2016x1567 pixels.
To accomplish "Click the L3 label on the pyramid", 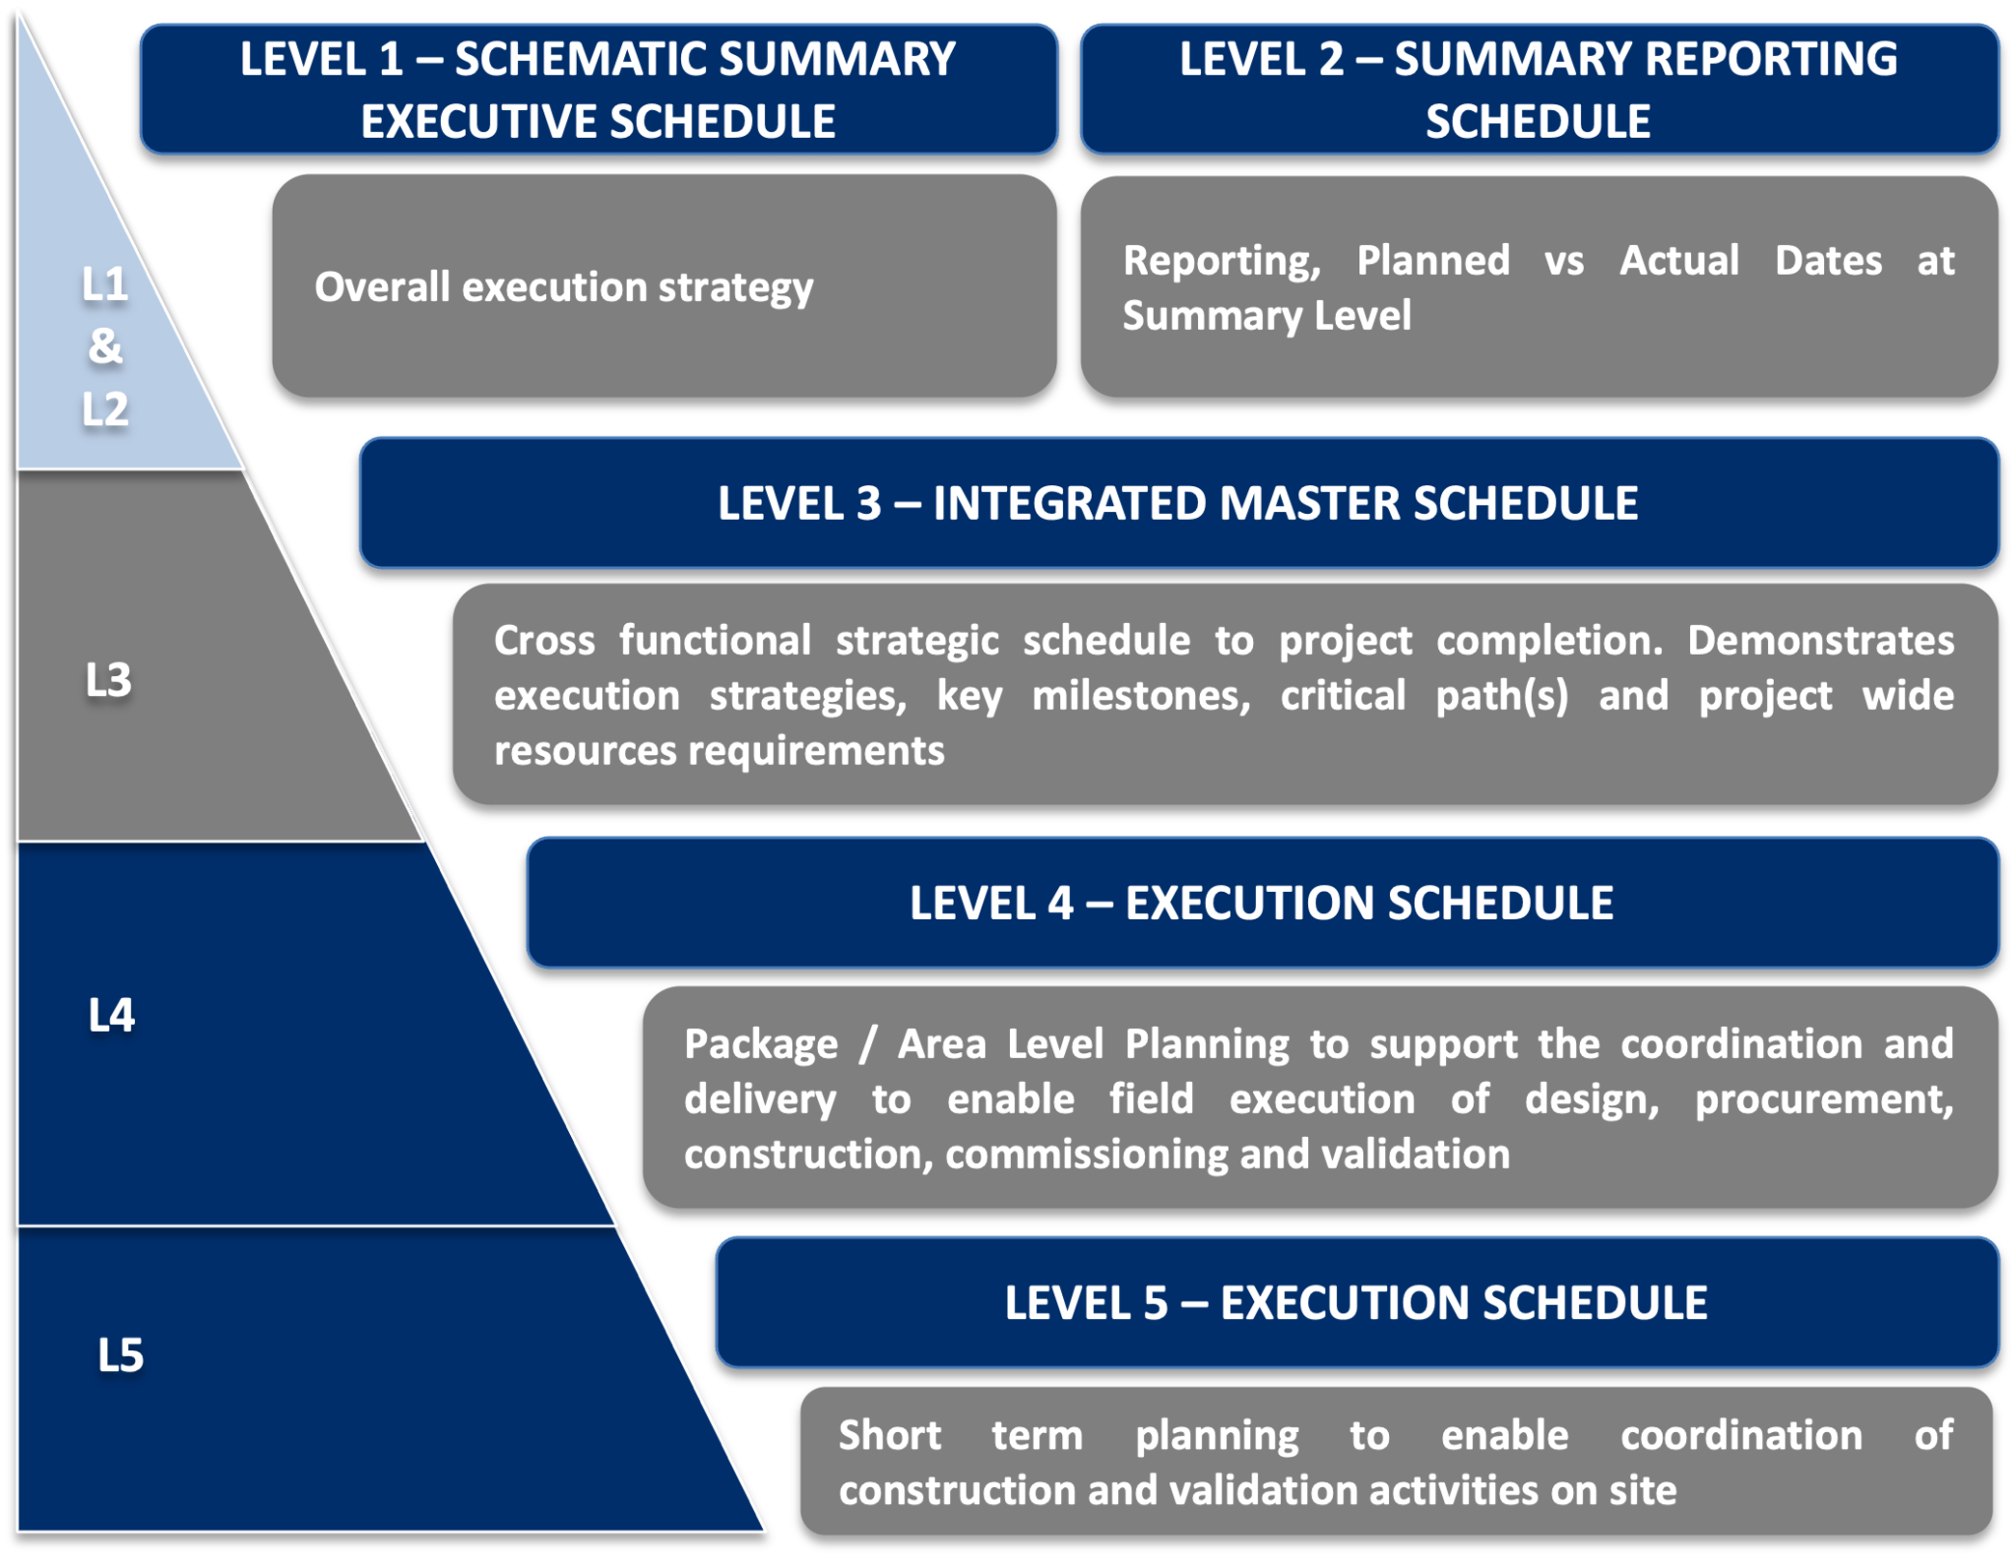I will pos(108,679).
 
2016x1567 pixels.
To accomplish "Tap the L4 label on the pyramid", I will pos(111,1015).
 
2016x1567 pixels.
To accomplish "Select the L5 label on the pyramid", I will pos(120,1355).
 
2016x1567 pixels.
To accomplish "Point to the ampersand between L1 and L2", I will pos(105,346).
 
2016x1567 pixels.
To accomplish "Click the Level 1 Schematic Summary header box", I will pos(598,90).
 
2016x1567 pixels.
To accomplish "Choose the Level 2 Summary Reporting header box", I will pos(1538,90).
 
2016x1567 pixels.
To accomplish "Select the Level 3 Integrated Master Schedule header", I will pos(1177,503).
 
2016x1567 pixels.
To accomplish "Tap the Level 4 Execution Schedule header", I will pos(1261,903).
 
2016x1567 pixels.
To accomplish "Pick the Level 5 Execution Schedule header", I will pos(1355,1302).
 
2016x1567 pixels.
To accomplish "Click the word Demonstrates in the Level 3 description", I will pos(1820,641).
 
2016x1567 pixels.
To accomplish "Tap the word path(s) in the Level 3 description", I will pos(1501,696).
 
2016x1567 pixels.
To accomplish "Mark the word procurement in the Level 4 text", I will pos(1822,1099).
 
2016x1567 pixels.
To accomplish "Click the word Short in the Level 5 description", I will pos(889,1435).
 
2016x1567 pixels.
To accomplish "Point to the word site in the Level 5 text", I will pos(1642,1490).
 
